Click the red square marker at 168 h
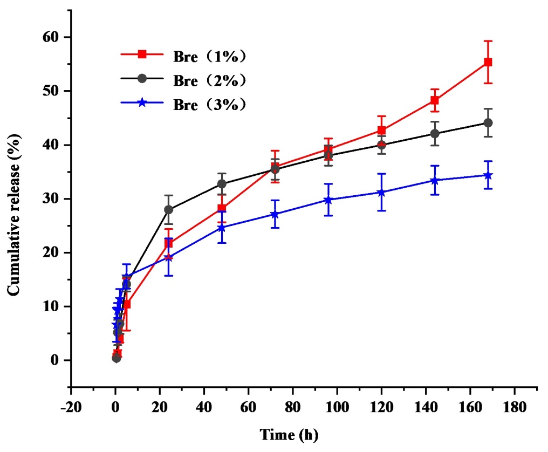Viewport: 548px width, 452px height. [x=488, y=62]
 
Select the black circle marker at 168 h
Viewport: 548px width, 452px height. [x=488, y=123]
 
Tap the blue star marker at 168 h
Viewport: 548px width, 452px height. [x=488, y=175]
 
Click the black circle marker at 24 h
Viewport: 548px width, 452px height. [x=168, y=209]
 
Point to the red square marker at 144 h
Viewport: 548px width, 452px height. [x=434, y=100]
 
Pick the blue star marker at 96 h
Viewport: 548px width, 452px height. [x=328, y=200]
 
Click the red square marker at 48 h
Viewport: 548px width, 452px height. [x=222, y=208]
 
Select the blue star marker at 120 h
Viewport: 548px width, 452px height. [x=381, y=192]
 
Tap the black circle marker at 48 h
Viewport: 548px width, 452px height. [x=222, y=184]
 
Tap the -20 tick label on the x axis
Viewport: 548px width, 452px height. [x=70, y=406]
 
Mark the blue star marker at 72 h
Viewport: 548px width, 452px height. [x=275, y=214]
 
